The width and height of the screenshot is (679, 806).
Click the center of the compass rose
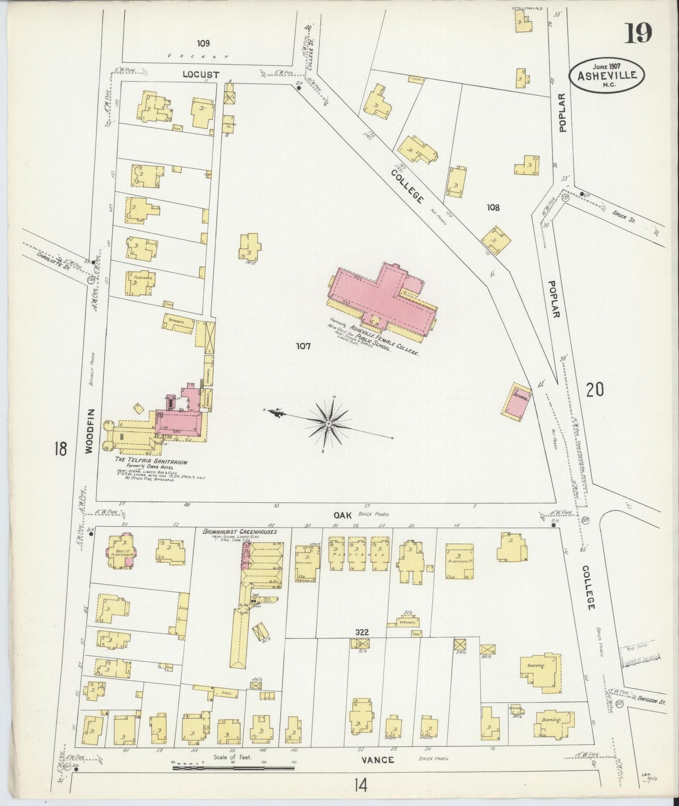click(x=328, y=424)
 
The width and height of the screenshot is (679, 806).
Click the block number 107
click(x=303, y=347)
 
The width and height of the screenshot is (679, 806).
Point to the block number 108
click(x=493, y=207)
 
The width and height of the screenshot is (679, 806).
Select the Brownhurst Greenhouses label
click(x=240, y=532)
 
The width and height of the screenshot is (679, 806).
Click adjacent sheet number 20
click(x=595, y=390)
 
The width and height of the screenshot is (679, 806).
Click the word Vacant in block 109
click(x=198, y=56)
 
